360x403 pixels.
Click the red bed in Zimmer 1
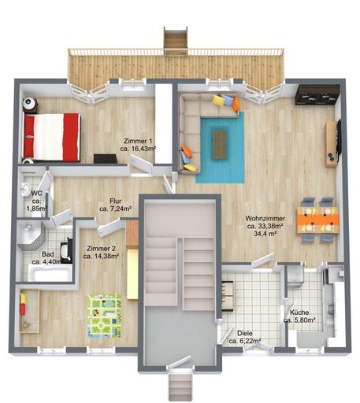tap(52, 136)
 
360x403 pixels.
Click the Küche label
tap(299, 314)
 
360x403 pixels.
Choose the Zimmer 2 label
tap(101, 250)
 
